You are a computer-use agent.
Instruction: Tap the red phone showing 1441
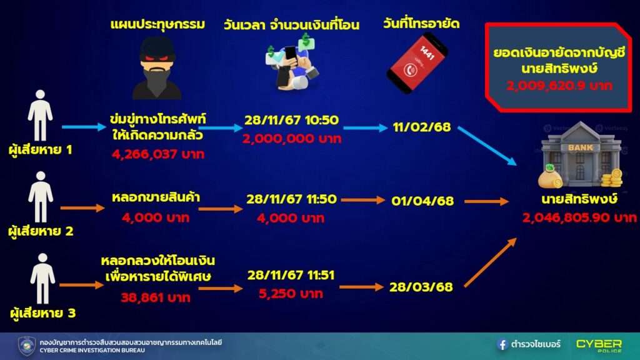pos(417,62)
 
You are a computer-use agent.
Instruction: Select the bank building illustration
pos(581,155)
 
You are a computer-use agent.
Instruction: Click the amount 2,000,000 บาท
pos(291,139)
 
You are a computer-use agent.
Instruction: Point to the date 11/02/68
pos(422,127)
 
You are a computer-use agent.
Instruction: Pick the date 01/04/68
pos(422,201)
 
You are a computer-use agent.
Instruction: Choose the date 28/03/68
pos(421,287)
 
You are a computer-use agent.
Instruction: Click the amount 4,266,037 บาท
pos(158,154)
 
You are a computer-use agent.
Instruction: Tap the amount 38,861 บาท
pos(156,297)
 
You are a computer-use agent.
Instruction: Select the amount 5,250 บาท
pos(291,294)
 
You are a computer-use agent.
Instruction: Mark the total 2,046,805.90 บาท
pos(579,217)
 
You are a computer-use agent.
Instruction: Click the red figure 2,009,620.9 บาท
pos(559,86)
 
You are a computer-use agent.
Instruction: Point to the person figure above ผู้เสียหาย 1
pos(40,116)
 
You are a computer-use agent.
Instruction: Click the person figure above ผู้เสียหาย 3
pos(42,279)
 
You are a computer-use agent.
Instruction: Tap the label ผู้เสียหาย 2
pos(41,231)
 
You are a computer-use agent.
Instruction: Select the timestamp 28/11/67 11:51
pos(291,275)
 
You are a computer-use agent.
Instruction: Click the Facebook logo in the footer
pos(502,344)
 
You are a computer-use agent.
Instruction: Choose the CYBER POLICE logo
pos(599,345)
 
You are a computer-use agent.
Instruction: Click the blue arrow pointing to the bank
pos(487,146)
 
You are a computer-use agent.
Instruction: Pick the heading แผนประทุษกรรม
pos(157,25)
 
